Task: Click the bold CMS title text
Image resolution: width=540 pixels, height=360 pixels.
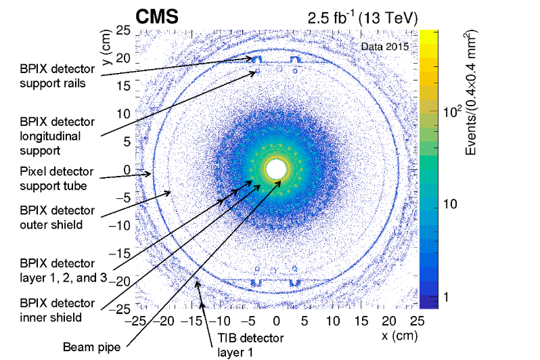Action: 157,17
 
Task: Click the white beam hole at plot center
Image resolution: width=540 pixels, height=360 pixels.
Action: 276,169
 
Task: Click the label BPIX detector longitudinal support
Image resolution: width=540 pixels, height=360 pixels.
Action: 58,134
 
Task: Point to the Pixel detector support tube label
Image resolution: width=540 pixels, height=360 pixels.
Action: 58,178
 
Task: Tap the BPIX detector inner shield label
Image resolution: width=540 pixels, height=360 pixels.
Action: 58,311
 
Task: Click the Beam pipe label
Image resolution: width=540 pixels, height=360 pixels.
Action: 87,347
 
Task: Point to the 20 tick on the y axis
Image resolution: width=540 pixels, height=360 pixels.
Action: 123,59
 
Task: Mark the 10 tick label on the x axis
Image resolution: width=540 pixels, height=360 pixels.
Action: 332,319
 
